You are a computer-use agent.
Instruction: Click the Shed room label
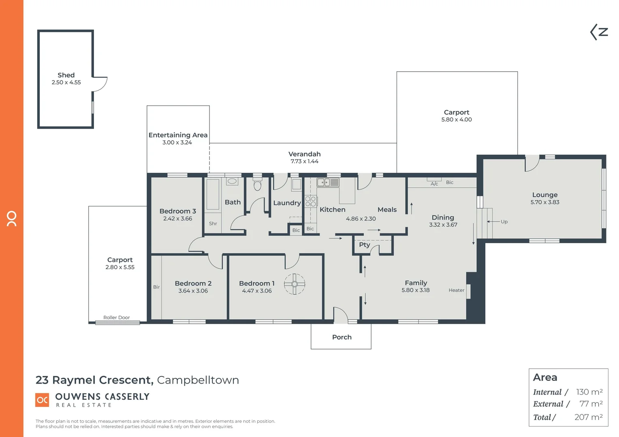pos(66,75)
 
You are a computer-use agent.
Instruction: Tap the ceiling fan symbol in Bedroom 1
pos(295,284)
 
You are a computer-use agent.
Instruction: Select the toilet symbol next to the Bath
pos(257,185)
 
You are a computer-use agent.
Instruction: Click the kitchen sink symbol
pos(328,182)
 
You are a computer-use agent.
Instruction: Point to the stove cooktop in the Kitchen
pos(311,201)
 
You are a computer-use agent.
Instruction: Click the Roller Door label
pos(116,318)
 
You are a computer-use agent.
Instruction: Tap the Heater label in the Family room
pos(456,290)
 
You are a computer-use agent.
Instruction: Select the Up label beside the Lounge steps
pos(504,222)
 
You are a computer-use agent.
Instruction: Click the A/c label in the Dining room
pos(434,184)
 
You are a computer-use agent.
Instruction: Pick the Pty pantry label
pos(364,245)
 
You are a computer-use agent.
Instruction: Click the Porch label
pos(342,337)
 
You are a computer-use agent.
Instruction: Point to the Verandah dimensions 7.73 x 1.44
pos(304,161)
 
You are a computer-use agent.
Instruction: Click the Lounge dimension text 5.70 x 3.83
pos(544,202)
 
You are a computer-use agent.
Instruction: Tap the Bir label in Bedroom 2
pos(156,287)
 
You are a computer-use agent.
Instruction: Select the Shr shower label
pos(213,223)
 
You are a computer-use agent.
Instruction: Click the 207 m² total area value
pos(588,417)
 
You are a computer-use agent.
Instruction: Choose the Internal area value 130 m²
pos(589,392)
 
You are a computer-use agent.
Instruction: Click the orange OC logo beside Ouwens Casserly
pos(43,400)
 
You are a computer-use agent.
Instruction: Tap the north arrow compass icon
pos(599,32)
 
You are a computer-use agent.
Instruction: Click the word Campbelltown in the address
pos(198,380)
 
